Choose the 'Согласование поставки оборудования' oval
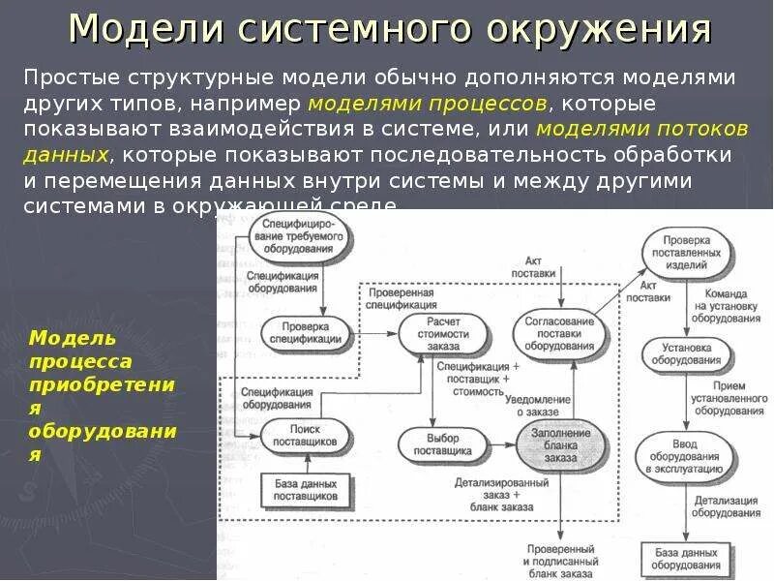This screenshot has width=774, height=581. [558, 332]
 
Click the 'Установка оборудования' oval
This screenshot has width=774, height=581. [686, 352]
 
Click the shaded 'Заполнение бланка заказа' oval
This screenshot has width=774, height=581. [558, 443]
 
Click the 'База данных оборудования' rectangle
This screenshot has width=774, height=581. [686, 558]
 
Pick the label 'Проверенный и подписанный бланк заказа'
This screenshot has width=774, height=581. [558, 561]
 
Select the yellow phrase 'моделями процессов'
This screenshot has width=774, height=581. [428, 103]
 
